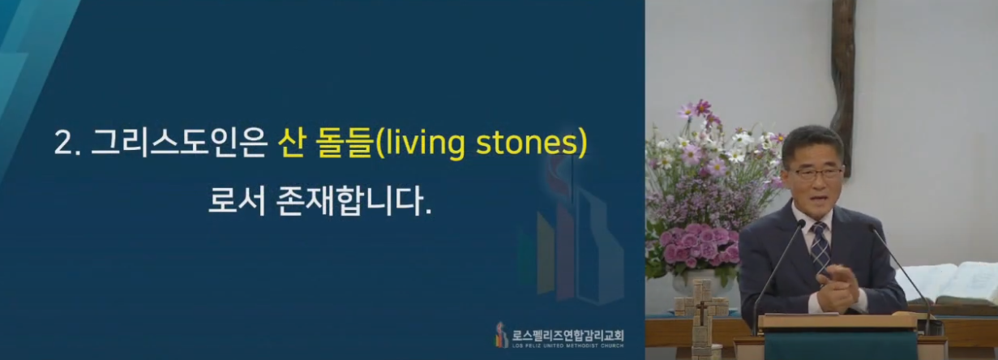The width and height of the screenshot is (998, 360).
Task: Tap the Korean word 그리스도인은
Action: tap(178, 144)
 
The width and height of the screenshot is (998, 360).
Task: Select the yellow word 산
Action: tap(291, 144)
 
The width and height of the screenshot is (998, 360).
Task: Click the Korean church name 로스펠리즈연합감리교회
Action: tap(568, 335)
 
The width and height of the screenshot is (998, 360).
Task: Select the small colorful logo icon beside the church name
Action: tap(502, 335)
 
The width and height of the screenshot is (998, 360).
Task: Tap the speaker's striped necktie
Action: tap(820, 246)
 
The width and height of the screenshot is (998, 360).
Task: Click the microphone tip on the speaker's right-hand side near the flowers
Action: tap(802, 223)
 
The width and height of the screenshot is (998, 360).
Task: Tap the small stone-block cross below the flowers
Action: tap(702, 312)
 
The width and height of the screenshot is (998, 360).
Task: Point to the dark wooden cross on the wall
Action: tap(843, 84)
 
